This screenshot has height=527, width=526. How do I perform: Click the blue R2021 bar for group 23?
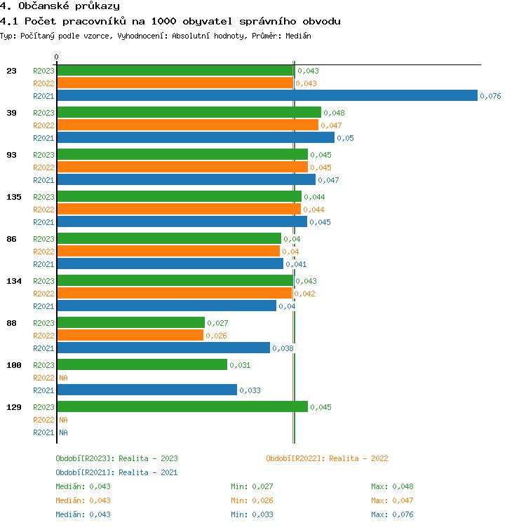pyautogui.click(x=267, y=96)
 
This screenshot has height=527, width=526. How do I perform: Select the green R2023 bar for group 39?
pyautogui.click(x=189, y=113)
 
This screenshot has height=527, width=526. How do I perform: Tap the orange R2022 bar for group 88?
pyautogui.click(x=130, y=336)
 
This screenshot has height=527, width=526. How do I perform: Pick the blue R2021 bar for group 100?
pyautogui.click(x=147, y=390)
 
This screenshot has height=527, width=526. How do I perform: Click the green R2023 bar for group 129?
pyautogui.click(x=182, y=407)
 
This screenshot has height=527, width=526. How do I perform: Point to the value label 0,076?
pyautogui.click(x=490, y=96)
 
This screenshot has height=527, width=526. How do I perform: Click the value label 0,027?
pyautogui.click(x=217, y=323)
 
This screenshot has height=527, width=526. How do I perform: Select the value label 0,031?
pyautogui.click(x=240, y=365)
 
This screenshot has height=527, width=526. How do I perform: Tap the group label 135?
pyautogui.click(x=14, y=197)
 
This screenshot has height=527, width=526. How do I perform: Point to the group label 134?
pyautogui.click(x=14, y=281)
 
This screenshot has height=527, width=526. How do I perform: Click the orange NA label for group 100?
pyautogui.click(x=63, y=378)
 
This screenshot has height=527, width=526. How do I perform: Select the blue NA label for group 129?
pyautogui.click(x=63, y=432)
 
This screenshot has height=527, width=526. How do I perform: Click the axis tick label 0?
pyautogui.click(x=57, y=57)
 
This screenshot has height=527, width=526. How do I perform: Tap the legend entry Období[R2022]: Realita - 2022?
pyautogui.click(x=327, y=458)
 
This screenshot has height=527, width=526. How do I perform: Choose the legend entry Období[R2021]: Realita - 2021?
pyautogui.click(x=116, y=472)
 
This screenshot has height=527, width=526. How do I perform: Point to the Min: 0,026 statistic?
pyautogui.click(x=252, y=500)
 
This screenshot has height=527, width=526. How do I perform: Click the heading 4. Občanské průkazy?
pyautogui.click(x=60, y=6)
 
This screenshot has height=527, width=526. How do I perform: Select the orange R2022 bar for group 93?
pyautogui.click(x=182, y=167)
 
